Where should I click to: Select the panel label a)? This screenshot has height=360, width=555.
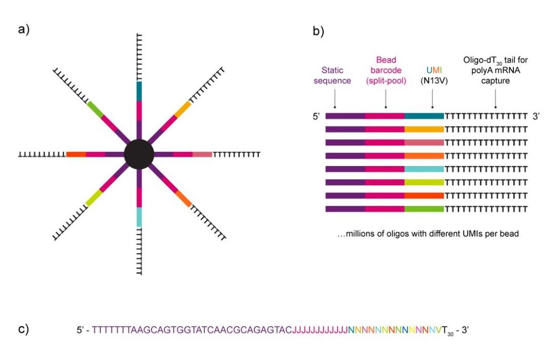24,29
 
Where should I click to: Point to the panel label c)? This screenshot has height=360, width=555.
24,329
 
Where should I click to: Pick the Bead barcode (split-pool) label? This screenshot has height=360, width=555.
385,70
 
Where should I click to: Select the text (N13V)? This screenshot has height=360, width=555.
432,80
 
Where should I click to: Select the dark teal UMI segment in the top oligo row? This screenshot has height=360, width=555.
424,116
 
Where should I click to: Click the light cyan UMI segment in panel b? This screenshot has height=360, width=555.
424,169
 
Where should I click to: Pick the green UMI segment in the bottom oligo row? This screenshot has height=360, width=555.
424,209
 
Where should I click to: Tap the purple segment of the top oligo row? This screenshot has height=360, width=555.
345,116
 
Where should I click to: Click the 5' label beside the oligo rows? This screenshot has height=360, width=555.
316,117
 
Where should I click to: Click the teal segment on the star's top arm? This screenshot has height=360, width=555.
139,91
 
